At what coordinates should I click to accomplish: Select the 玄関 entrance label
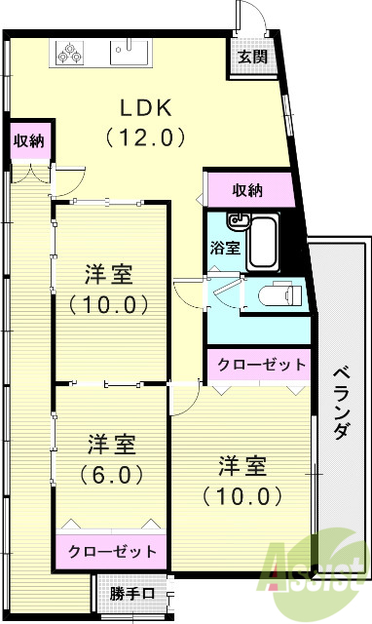pyautogui.click(x=252, y=57)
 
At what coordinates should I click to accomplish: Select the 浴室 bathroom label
pyautogui.click(x=225, y=248)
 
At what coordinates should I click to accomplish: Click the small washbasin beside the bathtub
pyautogui.click(x=236, y=219)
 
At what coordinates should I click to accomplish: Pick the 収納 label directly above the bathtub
pyautogui.click(x=248, y=188)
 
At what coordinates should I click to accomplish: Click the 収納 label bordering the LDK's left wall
pyautogui.click(x=27, y=139)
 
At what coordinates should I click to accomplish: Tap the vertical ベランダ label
pyautogui.click(x=340, y=403)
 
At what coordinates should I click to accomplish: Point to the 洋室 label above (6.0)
pyautogui.click(x=110, y=445)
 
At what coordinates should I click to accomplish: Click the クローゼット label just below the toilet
pyautogui.click(x=260, y=365)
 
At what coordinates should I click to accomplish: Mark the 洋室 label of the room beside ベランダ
pyautogui.click(x=243, y=464)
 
